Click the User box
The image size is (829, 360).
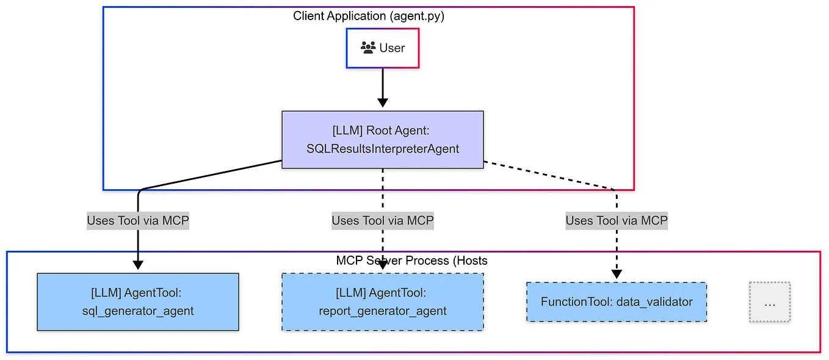[383, 48]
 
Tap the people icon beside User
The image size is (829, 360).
[367, 48]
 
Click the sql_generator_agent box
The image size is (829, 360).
[138, 301]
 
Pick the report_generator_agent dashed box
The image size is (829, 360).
[383, 301]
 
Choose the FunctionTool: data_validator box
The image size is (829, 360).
[617, 301]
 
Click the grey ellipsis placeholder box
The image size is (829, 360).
[770, 301]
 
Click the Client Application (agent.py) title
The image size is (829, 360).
[369, 16]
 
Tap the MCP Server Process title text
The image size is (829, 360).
[411, 261]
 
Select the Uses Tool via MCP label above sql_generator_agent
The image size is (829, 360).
[138, 220]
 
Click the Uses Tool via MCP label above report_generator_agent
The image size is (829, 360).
[383, 220]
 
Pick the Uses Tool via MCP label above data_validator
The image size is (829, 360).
[617, 220]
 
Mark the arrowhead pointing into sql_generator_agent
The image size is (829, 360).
[138, 265]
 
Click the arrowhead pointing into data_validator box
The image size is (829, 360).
[617, 274]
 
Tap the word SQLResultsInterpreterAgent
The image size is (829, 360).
[383, 148]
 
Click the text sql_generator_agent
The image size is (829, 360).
[138, 311]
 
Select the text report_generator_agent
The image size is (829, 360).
[383, 311]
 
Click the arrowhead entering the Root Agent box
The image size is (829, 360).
[383, 104]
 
